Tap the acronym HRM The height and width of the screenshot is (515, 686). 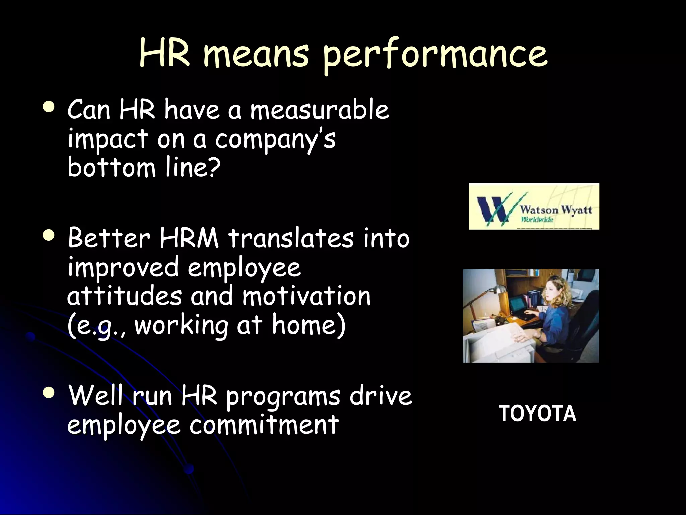[x=189, y=238]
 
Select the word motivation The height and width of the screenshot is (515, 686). [x=306, y=296]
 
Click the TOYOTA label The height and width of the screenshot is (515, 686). [x=537, y=414]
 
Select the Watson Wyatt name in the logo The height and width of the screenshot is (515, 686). [x=556, y=210]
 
